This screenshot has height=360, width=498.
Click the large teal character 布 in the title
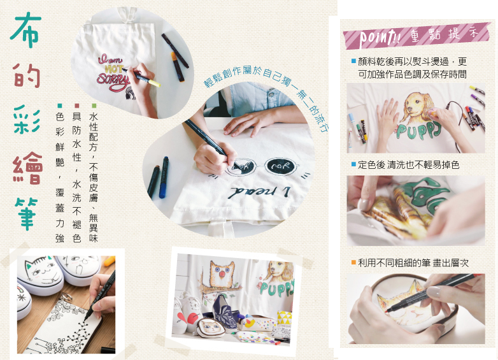pos(25,30)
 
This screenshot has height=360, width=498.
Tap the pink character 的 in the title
pos(27,75)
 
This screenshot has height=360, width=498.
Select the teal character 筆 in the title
pos(26,213)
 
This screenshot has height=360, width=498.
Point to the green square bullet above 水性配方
pos(94,106)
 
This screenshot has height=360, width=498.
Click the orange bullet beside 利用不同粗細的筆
pos(353,263)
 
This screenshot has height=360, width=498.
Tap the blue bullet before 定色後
pos(353,164)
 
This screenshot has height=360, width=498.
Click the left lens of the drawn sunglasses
pos(241,167)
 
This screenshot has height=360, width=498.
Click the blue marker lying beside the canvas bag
pos(164,177)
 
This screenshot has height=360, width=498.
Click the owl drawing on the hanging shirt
pos(221,274)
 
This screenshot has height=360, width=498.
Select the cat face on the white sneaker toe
pos(41,270)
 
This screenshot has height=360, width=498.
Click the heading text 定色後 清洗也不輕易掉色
pos(408,164)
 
